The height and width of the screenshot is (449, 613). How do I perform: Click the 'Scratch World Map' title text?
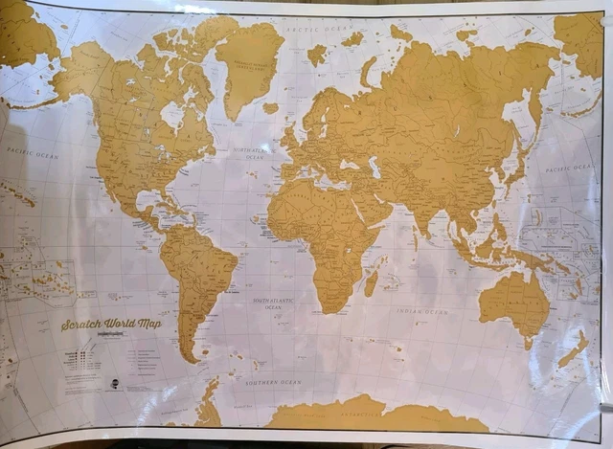point(111,324)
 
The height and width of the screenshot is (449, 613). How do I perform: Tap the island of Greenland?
point(247,62)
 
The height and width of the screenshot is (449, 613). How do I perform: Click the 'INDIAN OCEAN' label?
point(422,311)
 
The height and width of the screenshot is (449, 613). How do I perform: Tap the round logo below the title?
point(112,380)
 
